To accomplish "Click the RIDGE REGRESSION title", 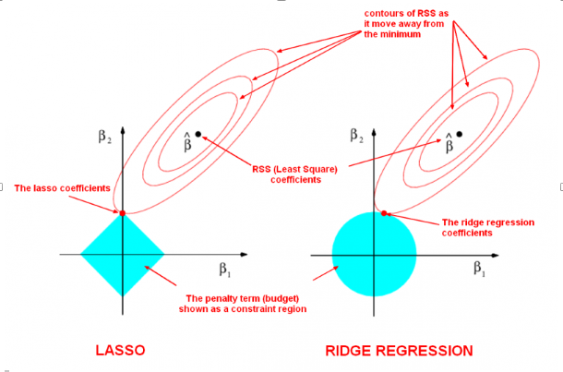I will click(400, 351).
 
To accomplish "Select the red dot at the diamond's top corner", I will click(123, 213).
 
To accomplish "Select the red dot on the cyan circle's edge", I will click(386, 213).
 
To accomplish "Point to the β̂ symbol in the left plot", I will click(187, 141).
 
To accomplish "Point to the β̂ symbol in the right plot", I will click(449, 141).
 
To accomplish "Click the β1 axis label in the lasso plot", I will click(224, 270).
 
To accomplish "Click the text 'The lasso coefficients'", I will click(63, 189).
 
